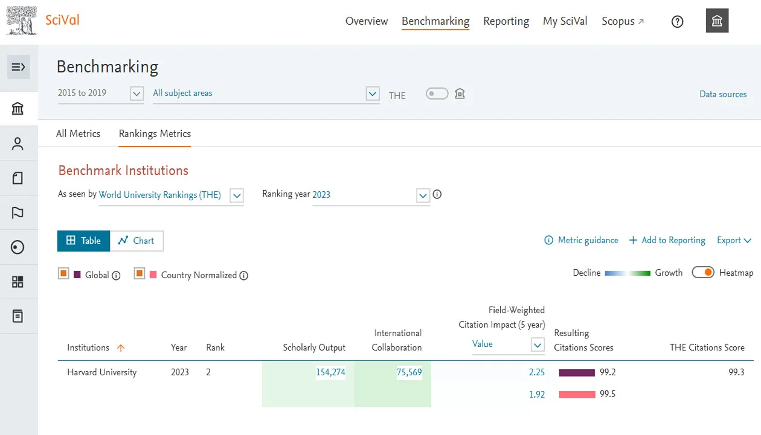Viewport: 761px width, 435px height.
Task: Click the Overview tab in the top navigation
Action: pos(366,21)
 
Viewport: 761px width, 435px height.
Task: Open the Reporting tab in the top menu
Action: pos(506,21)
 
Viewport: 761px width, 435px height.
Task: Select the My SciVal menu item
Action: pos(565,21)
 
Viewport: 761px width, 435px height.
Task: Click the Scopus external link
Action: pos(622,21)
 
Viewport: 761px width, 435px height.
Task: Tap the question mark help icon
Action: pos(677,22)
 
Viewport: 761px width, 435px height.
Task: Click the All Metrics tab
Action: pos(78,133)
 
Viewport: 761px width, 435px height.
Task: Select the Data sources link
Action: pos(722,94)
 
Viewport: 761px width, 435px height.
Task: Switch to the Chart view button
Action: pos(136,241)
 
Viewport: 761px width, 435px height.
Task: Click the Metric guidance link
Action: pos(581,240)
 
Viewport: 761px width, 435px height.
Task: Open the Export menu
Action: pos(733,240)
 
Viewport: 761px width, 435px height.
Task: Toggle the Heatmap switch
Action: pos(703,273)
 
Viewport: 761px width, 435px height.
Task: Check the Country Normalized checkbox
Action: pos(140,274)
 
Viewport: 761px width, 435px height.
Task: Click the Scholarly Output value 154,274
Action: pos(330,372)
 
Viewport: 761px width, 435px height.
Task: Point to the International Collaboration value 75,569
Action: pos(409,372)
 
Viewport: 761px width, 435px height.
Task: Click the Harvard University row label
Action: pos(101,372)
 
